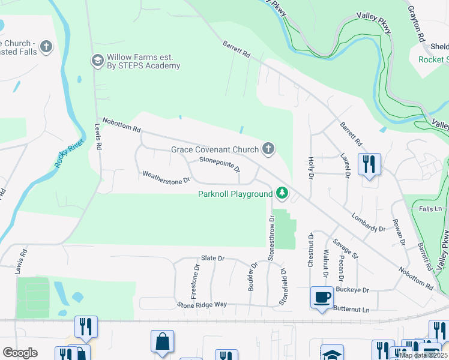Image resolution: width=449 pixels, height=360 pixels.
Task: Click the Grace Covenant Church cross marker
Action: coord(268,149)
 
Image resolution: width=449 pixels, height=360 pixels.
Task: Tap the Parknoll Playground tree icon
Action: coord(282,193)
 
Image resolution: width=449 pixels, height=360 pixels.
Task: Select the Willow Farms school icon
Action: coord(97,60)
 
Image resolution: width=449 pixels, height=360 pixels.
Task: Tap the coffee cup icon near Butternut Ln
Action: coord(322,297)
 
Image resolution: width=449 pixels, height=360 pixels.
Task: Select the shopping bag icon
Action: coord(162,342)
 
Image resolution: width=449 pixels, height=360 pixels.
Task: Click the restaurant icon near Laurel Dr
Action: coord(369,163)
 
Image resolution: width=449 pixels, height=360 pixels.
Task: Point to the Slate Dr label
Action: coord(212,258)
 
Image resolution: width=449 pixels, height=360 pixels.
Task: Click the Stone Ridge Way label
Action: coord(202,304)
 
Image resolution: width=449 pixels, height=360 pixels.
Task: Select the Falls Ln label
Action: coord(430,208)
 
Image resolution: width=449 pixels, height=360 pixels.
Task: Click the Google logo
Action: coord(20,353)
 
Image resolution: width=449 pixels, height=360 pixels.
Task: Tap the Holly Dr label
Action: coord(311,167)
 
